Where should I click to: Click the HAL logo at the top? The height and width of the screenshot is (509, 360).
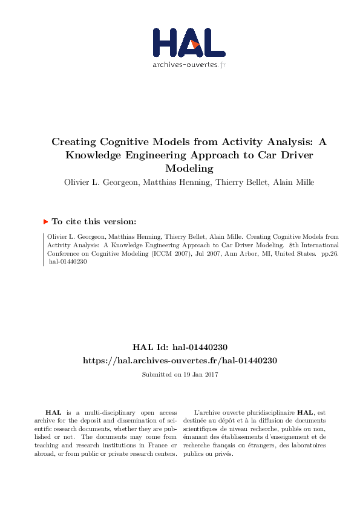[x=188, y=42]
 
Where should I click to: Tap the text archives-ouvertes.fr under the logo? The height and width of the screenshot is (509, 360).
[x=189, y=64]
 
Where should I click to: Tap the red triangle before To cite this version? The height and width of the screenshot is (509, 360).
[x=46, y=222]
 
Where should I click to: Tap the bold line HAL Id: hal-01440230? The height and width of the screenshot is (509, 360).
[x=180, y=347]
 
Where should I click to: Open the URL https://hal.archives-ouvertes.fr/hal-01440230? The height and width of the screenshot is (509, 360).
[x=180, y=360]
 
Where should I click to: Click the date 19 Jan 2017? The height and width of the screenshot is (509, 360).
[x=197, y=375]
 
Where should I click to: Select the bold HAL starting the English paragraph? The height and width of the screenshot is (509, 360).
[x=54, y=412]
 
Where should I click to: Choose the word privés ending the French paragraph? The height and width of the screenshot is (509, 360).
[x=223, y=453]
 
